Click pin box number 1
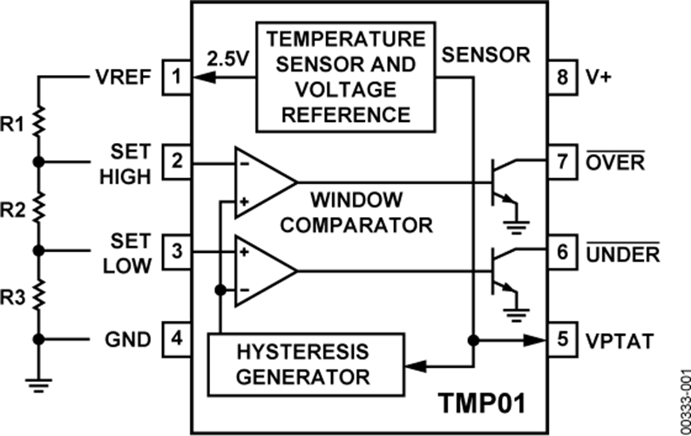click(176, 78)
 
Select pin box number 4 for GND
click(176, 338)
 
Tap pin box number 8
click(562, 78)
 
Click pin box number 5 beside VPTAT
click(562, 338)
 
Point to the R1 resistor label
click(15, 122)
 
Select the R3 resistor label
click(15, 295)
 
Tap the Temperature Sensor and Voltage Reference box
click(347, 76)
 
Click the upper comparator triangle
click(262, 181)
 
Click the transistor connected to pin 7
click(500, 179)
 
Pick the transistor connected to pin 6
click(500, 268)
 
